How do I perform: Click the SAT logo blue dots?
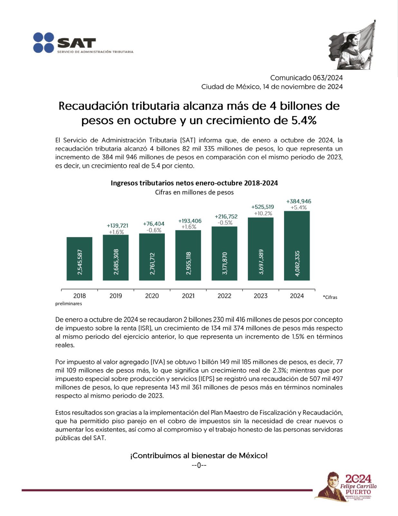coord(43,43)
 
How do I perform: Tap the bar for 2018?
coord(80,259)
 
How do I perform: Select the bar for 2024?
coord(297,246)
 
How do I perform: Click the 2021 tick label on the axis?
coord(188,296)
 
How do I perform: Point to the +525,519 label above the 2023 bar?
coord(263,207)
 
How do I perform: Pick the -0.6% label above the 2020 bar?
coord(154,230)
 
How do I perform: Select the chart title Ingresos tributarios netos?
coord(194,183)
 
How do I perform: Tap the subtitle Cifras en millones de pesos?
coord(194,192)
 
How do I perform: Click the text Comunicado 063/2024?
coord(306,78)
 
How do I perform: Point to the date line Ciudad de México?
coord(272,87)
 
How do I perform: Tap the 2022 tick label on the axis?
coord(224,296)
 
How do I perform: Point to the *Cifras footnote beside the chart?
coord(330,297)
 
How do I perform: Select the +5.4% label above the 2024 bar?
coord(299,208)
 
